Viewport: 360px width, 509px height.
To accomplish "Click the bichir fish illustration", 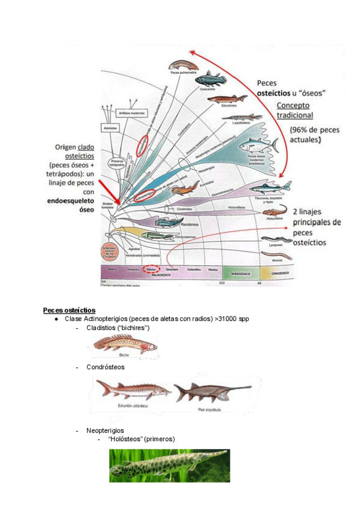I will [x=124, y=344].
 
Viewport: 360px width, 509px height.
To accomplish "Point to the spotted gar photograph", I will [x=169, y=466].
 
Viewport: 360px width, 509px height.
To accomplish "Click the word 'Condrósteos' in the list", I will [x=106, y=367].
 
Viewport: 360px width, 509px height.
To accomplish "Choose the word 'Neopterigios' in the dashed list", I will [x=105, y=430].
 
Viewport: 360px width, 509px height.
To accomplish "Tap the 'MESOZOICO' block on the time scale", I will [x=241, y=274].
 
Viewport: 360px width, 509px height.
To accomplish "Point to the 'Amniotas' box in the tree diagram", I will [x=110, y=127].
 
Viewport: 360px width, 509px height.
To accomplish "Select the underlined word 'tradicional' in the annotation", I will [x=295, y=115].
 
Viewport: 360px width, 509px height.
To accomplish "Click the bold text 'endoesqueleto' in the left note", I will [x=69, y=201].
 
